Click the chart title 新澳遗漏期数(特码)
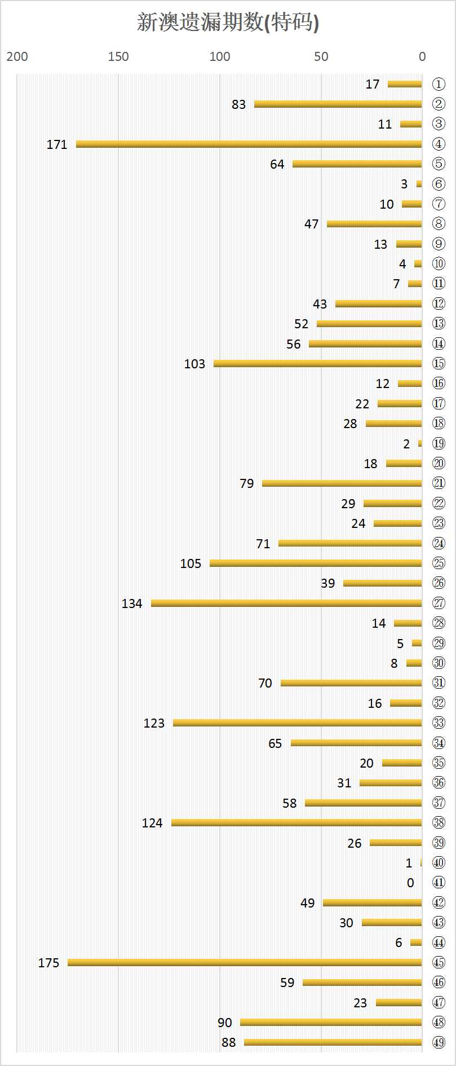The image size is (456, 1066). [x=228, y=23]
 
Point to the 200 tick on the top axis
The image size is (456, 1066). [x=17, y=56]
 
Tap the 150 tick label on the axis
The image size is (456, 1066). [x=118, y=56]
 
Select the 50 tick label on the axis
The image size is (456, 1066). [x=321, y=56]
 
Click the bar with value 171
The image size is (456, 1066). [x=249, y=144]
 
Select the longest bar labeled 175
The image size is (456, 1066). [x=245, y=963]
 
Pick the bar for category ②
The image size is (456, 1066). [x=338, y=104]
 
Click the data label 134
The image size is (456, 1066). [x=132, y=604]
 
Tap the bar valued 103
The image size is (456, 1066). [x=317, y=364]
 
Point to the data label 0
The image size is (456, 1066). [x=410, y=883]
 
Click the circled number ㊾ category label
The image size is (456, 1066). [x=439, y=1042]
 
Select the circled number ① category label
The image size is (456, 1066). [x=439, y=85]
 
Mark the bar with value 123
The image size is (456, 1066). [x=297, y=723]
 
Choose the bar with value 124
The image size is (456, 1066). [x=296, y=823]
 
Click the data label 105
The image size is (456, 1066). [x=191, y=563]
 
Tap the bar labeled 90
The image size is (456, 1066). [x=331, y=1023]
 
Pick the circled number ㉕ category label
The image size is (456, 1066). [x=439, y=563]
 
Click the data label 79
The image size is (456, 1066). [x=247, y=483]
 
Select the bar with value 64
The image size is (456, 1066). [x=357, y=164]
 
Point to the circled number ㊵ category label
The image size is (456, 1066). [x=439, y=863]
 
